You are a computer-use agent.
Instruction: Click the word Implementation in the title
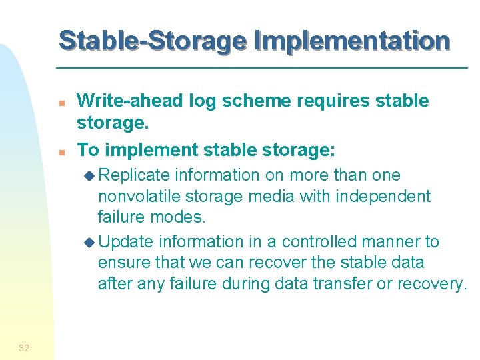(351, 41)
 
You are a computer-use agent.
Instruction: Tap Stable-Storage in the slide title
(151, 41)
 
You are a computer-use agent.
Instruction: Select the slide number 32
(24, 347)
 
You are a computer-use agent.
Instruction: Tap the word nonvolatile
(139, 197)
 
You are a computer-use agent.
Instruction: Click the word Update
(130, 241)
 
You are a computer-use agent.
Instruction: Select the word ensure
(124, 263)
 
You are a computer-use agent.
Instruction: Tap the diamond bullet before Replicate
(91, 176)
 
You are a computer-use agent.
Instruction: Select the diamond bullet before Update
(91, 242)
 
